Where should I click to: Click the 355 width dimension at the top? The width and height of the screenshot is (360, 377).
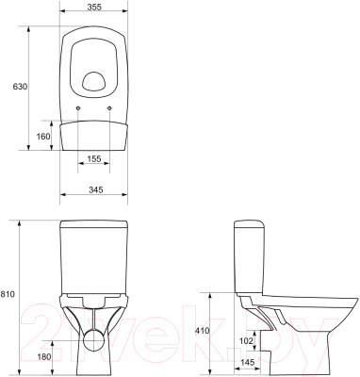coord(94,7)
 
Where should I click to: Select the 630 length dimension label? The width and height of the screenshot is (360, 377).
coord(20,87)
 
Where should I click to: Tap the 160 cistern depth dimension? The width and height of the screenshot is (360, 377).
coord(43,137)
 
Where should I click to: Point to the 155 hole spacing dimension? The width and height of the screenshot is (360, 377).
coord(94,159)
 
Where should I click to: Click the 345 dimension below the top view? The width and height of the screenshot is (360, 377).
coord(96,189)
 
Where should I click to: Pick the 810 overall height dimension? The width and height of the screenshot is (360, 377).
coord(8,294)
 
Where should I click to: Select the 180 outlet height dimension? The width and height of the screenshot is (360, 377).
coord(43,356)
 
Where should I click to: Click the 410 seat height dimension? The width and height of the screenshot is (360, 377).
coord(202,331)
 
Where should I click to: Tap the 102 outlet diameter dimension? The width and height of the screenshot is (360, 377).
coord(246,340)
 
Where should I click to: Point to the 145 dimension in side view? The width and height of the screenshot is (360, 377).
coord(247,363)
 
